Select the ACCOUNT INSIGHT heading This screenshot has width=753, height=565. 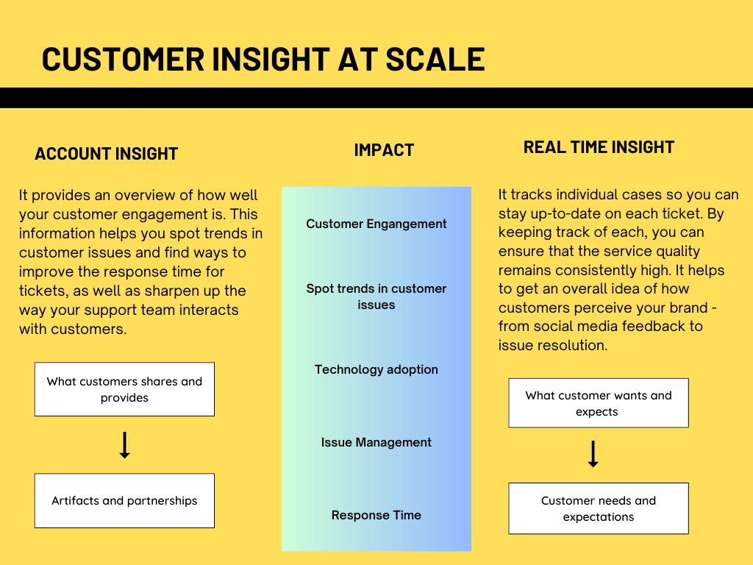pos(107,154)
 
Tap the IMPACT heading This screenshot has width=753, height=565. pos(384,150)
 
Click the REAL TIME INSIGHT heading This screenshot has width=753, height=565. pos(599,147)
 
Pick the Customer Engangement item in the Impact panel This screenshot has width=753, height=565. pos(376,224)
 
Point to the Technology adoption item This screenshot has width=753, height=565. pos(376,369)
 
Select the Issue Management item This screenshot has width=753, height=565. pos(376,442)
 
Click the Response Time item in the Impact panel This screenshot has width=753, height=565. pos(376,515)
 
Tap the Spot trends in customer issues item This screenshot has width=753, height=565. pos(376,296)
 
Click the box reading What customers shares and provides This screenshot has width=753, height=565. pos(124,389)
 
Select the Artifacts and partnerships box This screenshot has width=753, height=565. pos(124,500)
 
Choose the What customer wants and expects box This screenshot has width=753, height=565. pos(599,403)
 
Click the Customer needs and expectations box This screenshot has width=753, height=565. pos(599,508)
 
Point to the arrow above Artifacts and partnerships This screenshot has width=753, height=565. pos(124,445)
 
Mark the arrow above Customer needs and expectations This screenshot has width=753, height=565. pos(593,454)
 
